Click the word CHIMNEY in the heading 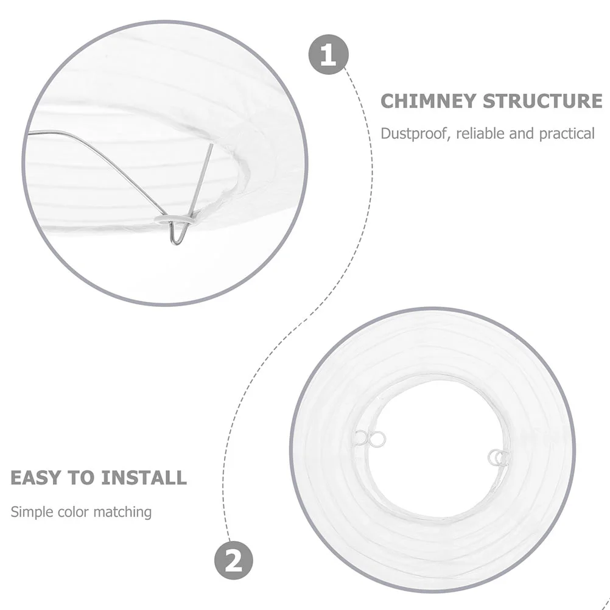tap(429, 101)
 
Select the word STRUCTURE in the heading tap(543, 101)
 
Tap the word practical tap(567, 134)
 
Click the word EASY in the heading tap(37, 477)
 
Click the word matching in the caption tap(124, 511)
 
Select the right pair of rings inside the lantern tap(499, 458)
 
